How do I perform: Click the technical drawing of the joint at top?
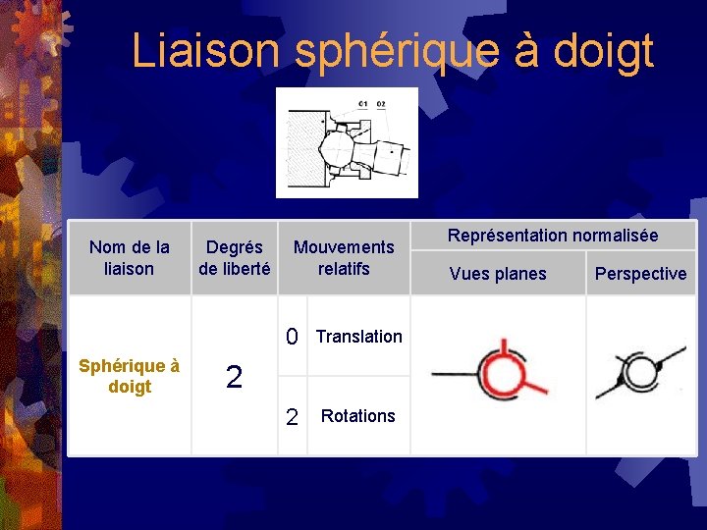tap(346, 143)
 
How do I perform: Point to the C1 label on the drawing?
tap(363, 103)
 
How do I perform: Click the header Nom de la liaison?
tap(129, 257)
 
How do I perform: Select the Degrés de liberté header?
tap(234, 257)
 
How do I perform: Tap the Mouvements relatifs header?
tap(344, 257)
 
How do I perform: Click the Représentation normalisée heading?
tap(553, 236)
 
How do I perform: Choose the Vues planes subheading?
tap(498, 274)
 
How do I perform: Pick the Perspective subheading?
tap(640, 274)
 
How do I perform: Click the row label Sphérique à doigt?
tap(129, 376)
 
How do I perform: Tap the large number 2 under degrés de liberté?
tap(234, 377)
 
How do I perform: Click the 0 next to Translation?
tap(292, 338)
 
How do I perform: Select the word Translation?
tap(358, 337)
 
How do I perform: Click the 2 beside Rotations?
tap(292, 417)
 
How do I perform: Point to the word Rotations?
tap(357, 416)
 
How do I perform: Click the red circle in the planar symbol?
tap(501, 374)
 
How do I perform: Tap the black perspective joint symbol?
tap(640, 373)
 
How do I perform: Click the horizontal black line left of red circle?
tap(454, 374)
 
